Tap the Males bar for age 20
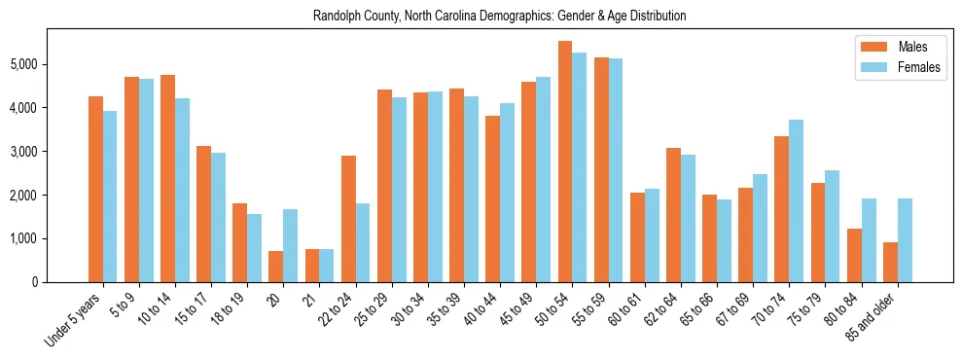click(x=276, y=267)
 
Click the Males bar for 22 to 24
click(x=348, y=219)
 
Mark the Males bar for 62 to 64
click(x=673, y=215)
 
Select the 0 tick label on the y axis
click(x=36, y=282)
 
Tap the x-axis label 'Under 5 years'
click(x=73, y=317)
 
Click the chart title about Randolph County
click(x=499, y=17)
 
